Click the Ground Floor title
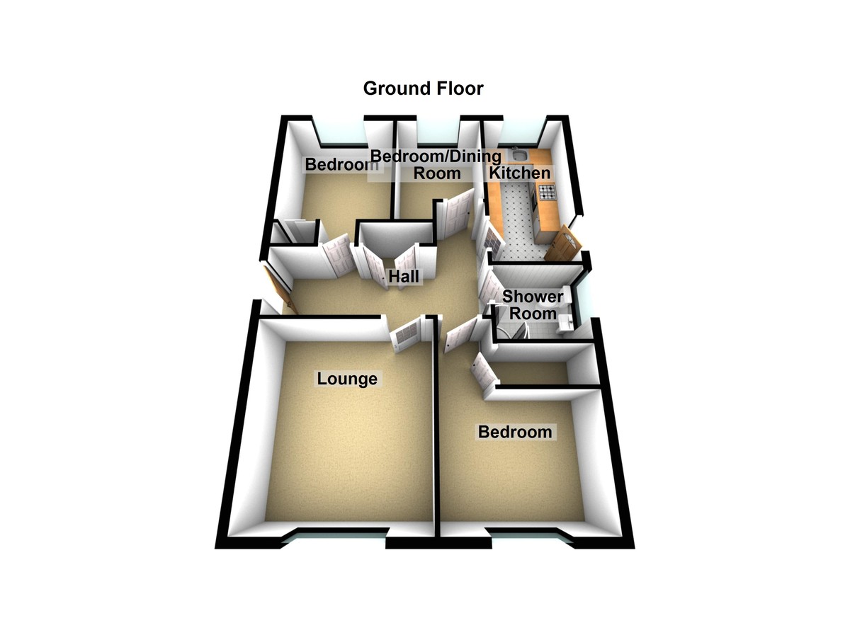(423, 88)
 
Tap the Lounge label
(347, 379)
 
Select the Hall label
(404, 276)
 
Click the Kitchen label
(519, 173)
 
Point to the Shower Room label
(533, 305)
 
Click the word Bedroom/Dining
(436, 156)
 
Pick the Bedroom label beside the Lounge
(515, 432)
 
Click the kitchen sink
(518, 154)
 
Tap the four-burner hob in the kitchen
(547, 191)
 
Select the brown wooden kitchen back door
(563, 244)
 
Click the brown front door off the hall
(280, 289)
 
